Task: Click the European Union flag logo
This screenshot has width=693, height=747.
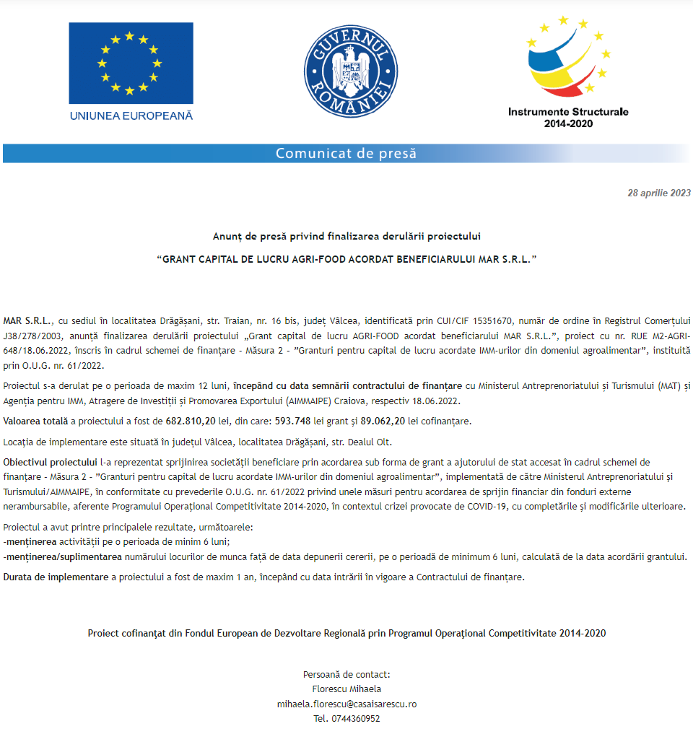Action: [x=131, y=63]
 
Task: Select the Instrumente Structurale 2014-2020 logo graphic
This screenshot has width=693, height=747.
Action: [x=568, y=58]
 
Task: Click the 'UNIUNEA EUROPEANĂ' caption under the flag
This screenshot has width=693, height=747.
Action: [x=131, y=115]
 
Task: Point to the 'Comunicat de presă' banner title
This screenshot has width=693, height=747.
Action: [x=346, y=153]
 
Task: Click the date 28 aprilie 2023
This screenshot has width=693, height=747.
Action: [x=659, y=193]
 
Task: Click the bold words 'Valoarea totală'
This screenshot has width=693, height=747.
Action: [x=35, y=421]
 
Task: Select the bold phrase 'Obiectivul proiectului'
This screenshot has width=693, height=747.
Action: [x=50, y=462]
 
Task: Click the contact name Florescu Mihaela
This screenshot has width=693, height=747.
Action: [x=346, y=689]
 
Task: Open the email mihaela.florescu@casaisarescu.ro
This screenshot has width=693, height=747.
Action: [x=346, y=704]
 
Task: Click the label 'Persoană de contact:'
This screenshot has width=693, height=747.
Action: [x=346, y=674]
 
